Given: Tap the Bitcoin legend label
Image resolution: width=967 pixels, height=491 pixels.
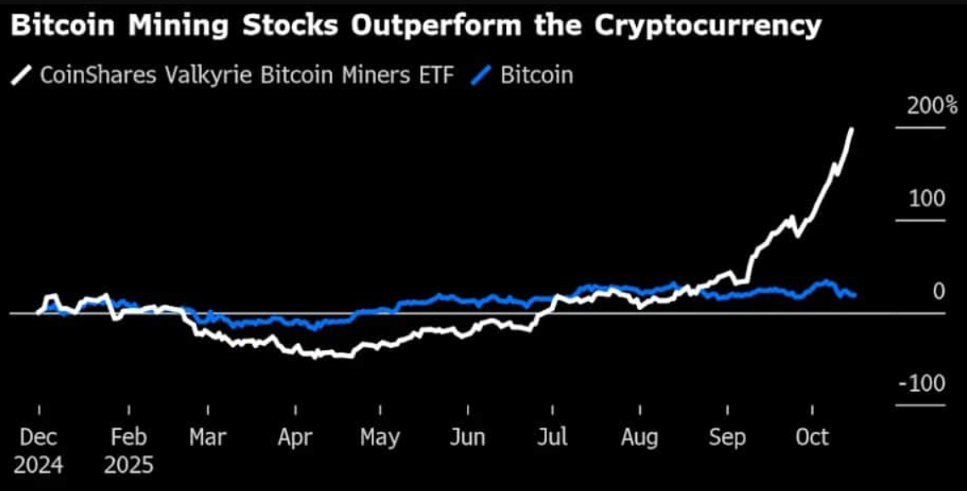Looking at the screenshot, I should tap(537, 75).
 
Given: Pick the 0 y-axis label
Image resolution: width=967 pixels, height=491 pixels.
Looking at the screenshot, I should tap(939, 291).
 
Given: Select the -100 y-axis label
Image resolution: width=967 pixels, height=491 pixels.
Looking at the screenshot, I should tap(922, 384).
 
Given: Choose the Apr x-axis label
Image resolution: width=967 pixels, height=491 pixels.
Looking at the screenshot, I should tap(294, 437).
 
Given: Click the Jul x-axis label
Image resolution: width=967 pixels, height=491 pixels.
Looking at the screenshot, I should tap(553, 437).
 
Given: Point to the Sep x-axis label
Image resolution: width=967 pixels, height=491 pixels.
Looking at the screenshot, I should tap(727, 437).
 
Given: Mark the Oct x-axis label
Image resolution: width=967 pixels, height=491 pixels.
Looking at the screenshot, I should tap(812, 437).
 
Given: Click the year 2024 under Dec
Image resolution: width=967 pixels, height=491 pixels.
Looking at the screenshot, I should tap(39, 466).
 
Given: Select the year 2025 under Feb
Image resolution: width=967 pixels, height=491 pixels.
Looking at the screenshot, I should tap(129, 466).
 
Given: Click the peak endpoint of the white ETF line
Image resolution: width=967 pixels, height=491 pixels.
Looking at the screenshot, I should tap(852, 130).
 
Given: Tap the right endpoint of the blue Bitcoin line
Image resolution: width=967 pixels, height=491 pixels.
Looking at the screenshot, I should tap(854, 295).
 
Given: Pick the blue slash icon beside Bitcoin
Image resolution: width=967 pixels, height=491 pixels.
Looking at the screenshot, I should tap(482, 76).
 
